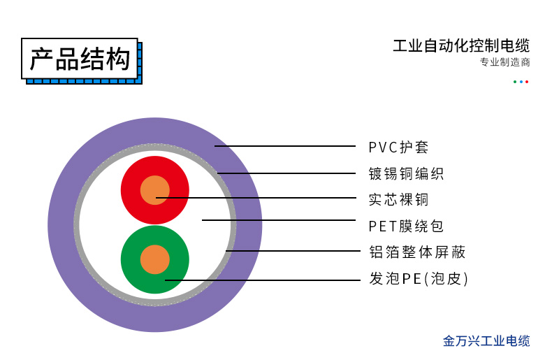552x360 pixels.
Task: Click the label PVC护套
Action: pyautogui.click(x=398, y=147)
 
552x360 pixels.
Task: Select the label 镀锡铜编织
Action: pyautogui.click(x=406, y=173)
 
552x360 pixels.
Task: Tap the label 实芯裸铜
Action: pyautogui.click(x=398, y=199)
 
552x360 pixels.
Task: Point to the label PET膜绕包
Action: pyautogui.click(x=406, y=226)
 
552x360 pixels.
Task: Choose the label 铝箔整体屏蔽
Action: pyautogui.click(x=417, y=252)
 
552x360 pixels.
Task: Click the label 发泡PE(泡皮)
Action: pyautogui.click(x=418, y=278)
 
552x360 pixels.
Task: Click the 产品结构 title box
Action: pyautogui.click(x=80, y=59)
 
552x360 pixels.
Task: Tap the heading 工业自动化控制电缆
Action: pyautogui.click(x=461, y=46)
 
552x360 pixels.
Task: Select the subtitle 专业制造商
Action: pyautogui.click(x=504, y=62)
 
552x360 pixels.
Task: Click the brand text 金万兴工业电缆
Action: pyautogui.click(x=486, y=341)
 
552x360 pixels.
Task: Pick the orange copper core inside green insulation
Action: pyautogui.click(x=154, y=260)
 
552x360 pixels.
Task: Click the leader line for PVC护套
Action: pyautogui.click(x=286, y=146)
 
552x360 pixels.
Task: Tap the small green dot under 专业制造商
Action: pyautogui.click(x=515, y=82)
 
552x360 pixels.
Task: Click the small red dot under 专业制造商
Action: pyautogui.click(x=527, y=82)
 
